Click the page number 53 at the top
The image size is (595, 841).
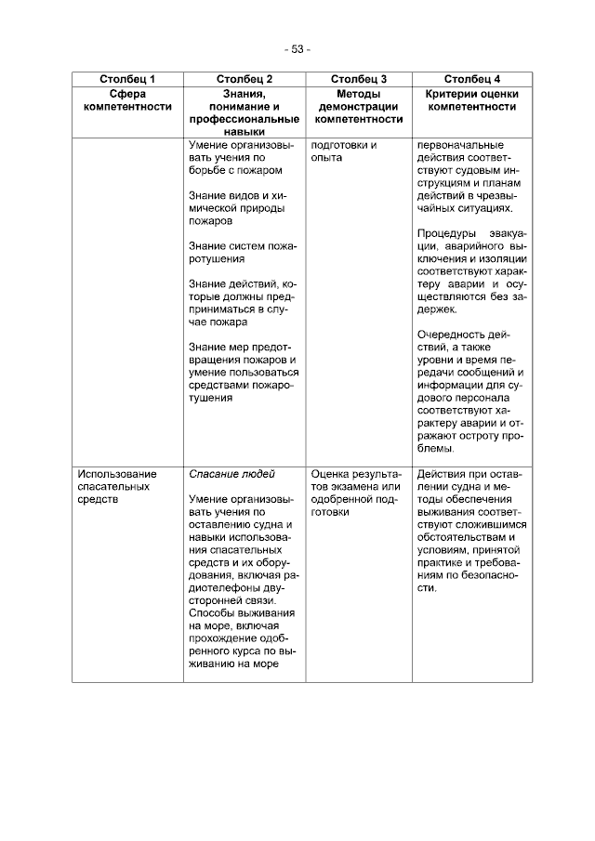297,49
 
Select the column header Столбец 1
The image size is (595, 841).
127,79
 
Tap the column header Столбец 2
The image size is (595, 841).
245,79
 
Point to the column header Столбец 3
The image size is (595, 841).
359,79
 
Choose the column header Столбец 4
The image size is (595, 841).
472,79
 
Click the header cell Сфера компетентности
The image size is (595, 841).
127,100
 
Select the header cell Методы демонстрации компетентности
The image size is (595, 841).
359,107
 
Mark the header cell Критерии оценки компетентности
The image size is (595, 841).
472,100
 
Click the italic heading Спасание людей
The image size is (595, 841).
225,474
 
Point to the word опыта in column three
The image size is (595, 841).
327,158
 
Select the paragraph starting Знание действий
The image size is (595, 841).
242,303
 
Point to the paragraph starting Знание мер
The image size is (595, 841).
242,373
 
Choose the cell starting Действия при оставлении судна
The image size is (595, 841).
472,531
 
